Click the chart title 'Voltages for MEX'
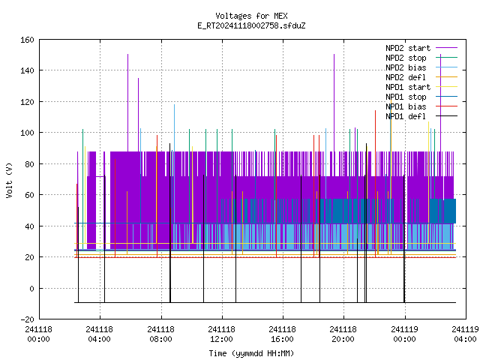point(251,16)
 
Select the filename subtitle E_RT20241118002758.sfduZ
point(251,25)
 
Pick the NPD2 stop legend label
point(406,58)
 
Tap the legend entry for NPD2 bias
point(406,67)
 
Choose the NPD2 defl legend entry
point(406,77)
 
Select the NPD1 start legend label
point(408,87)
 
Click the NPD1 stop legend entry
point(406,97)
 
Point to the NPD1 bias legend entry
point(406,106)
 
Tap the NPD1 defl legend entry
point(406,117)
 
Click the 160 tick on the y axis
point(27,40)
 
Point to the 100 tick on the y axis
point(27,133)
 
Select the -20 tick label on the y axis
point(27,319)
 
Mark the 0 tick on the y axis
point(31,288)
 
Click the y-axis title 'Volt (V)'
point(9,181)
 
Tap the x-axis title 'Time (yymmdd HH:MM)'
point(251,353)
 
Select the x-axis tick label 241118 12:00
point(222,334)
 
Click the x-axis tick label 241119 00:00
point(405,334)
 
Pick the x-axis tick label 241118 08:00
point(160,334)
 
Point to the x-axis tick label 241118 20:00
point(343,334)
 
